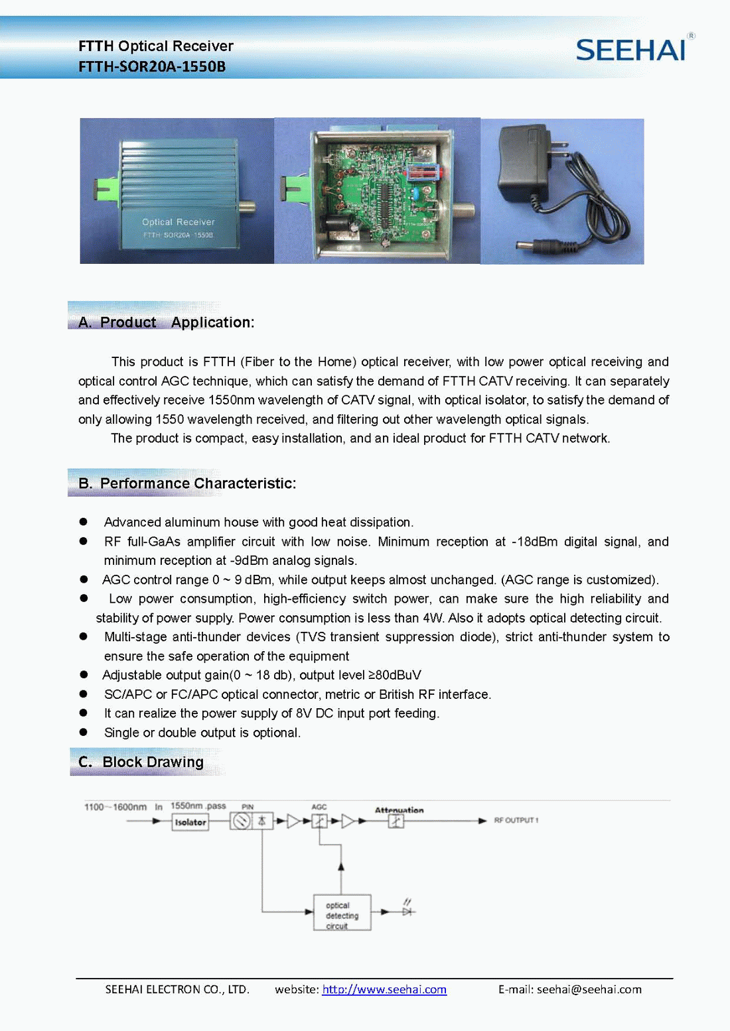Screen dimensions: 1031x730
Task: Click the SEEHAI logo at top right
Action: point(630,50)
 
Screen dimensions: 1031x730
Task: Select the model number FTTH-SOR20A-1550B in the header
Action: point(152,67)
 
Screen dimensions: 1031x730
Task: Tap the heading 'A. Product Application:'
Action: point(166,322)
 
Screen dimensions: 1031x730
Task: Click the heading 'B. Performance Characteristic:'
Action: point(187,483)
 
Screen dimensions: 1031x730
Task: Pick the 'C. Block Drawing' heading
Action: point(141,762)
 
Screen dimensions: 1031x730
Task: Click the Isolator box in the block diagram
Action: point(190,822)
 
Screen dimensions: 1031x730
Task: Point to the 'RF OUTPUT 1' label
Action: point(516,820)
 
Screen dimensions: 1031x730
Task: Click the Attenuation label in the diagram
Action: point(399,810)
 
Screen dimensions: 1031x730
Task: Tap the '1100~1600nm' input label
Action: point(115,807)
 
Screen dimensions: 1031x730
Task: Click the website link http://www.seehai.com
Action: point(384,989)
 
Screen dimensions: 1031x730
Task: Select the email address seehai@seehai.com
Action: point(589,989)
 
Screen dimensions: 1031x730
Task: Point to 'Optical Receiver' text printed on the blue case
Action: point(178,222)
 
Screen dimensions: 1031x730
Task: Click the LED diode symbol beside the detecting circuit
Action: point(407,911)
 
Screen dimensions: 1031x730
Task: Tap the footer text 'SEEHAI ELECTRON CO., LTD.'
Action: point(177,989)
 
